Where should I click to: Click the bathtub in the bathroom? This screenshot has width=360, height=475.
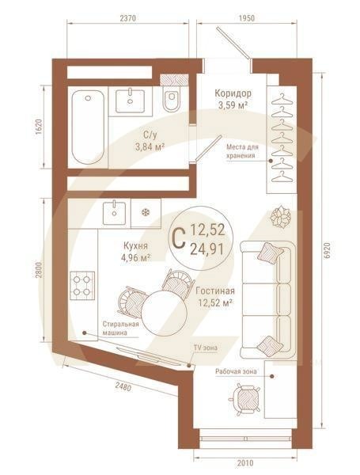click(87, 127)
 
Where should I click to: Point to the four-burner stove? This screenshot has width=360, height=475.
click(82, 284)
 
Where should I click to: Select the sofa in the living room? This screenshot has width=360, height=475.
click(268, 298)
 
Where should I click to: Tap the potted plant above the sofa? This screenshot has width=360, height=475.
click(279, 216)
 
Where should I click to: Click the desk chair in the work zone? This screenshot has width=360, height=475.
click(244, 394)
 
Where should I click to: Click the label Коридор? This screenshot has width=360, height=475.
click(233, 92)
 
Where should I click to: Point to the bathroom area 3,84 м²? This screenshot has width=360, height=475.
click(149, 146)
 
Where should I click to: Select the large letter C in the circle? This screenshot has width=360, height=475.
click(179, 236)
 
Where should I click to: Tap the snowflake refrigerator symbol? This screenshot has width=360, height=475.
click(145, 211)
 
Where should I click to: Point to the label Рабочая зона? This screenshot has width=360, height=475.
click(236, 370)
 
